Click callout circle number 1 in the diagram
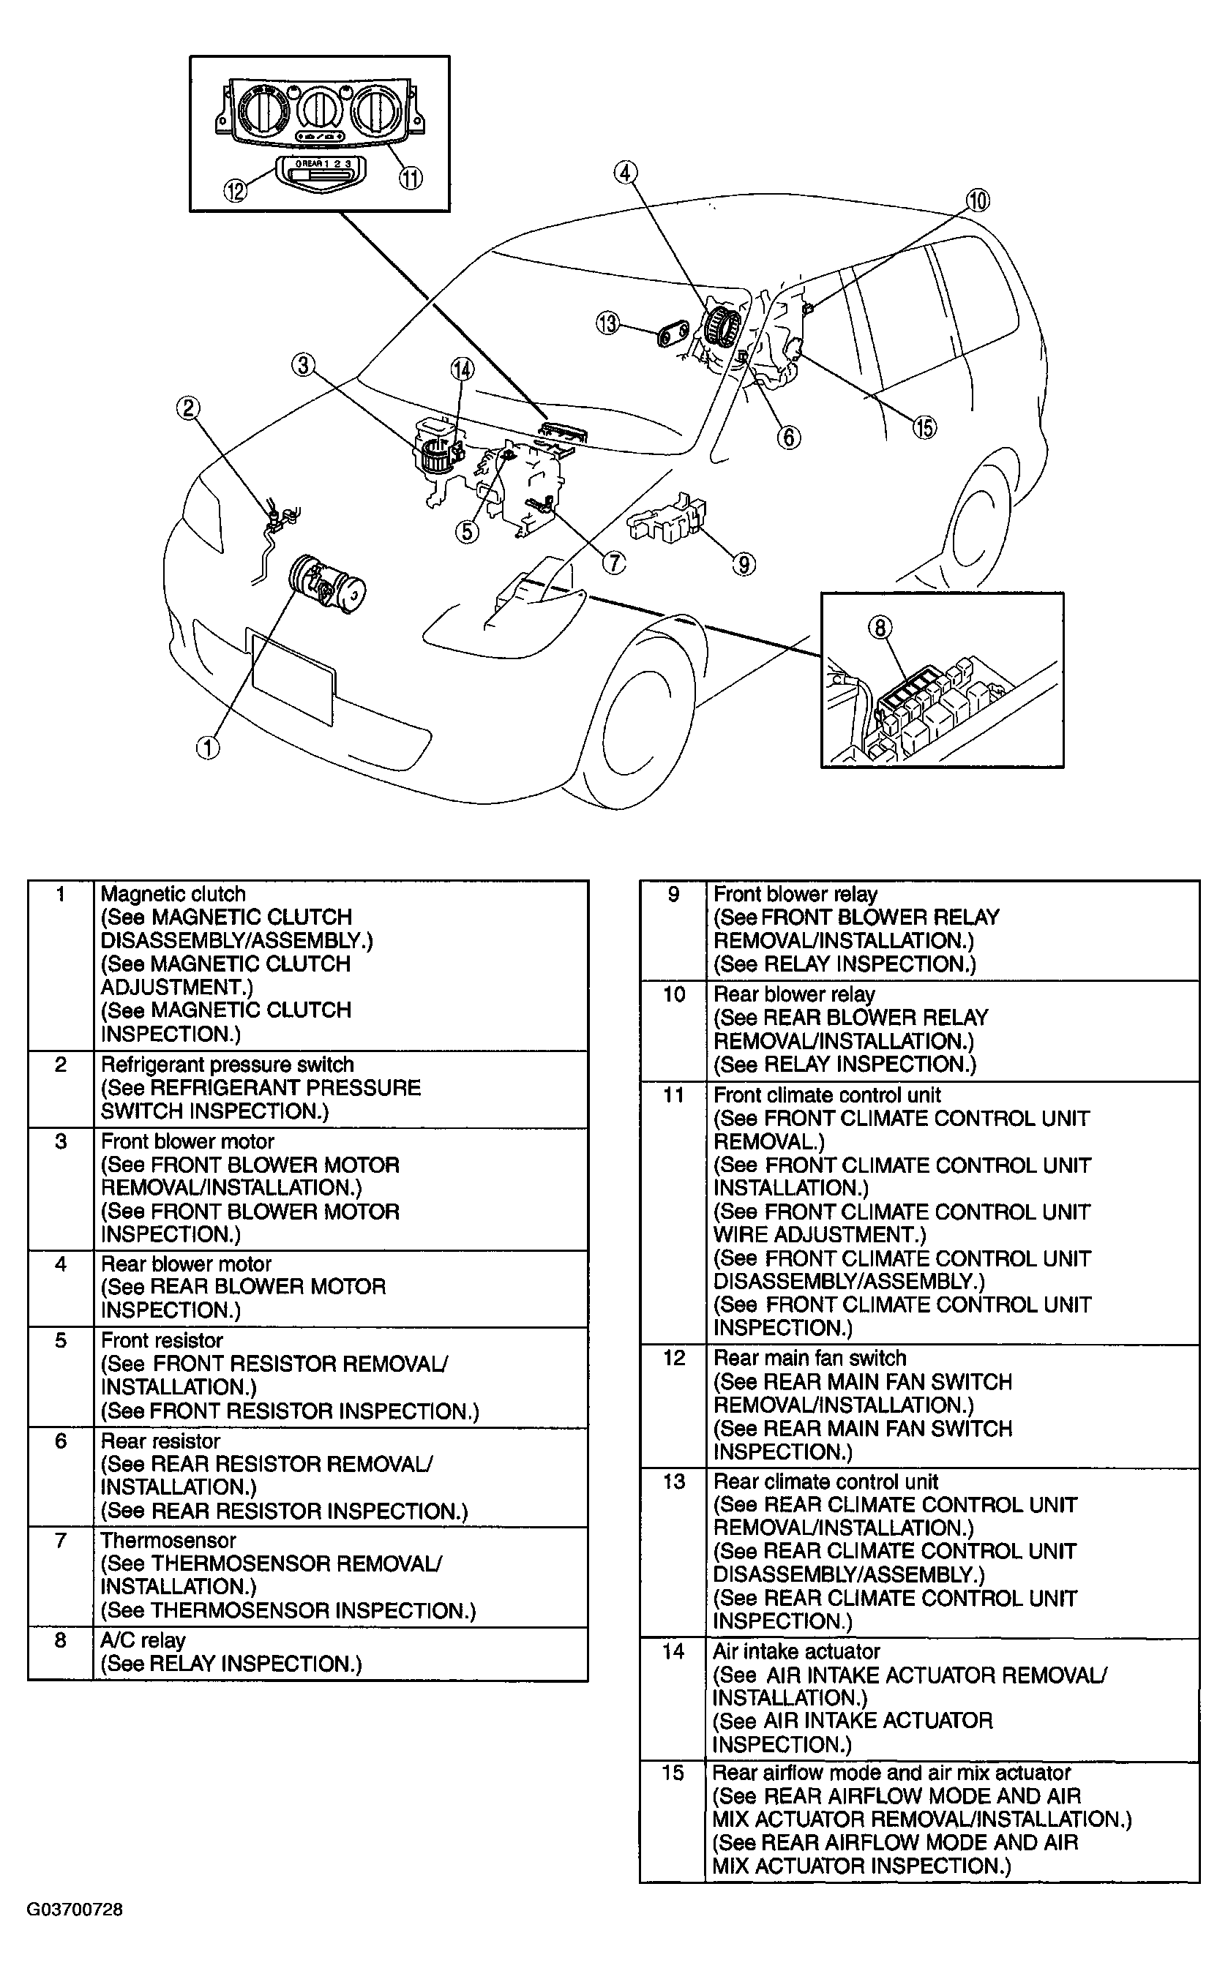click(x=209, y=747)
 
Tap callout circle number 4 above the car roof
click(x=624, y=173)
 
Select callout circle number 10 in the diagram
click(x=978, y=200)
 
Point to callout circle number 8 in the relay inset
click(x=880, y=628)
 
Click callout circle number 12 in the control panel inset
click(x=236, y=192)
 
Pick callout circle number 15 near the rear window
click(x=925, y=427)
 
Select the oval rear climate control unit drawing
click(x=673, y=332)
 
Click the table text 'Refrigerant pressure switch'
click(x=227, y=1065)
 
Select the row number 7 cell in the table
click(x=61, y=1540)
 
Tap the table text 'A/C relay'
click(x=143, y=1640)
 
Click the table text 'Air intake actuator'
click(x=796, y=1652)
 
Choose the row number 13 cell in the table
click(x=674, y=1482)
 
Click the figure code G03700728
click(x=75, y=1910)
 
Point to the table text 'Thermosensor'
click(x=168, y=1540)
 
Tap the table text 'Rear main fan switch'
click(x=809, y=1358)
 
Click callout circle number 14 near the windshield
click(x=462, y=370)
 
